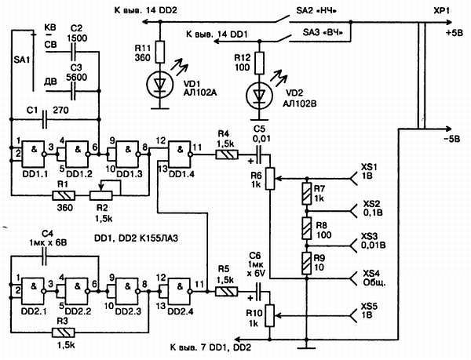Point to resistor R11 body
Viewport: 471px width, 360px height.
point(159,53)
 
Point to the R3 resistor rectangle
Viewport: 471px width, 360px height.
point(62,332)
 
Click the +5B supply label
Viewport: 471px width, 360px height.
point(453,35)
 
